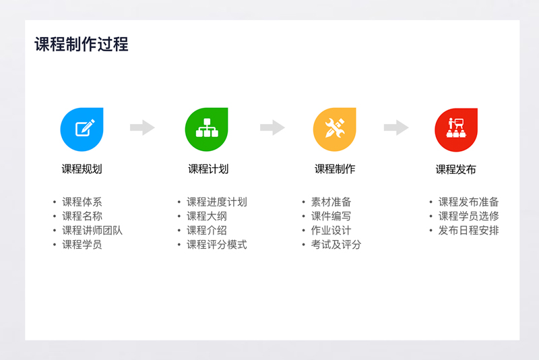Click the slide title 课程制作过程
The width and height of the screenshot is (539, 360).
(82, 44)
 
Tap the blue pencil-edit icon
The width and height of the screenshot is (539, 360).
(82, 129)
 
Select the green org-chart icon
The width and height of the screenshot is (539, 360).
(207, 129)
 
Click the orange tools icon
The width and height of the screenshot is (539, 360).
(334, 129)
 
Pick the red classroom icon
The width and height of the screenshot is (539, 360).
(456, 129)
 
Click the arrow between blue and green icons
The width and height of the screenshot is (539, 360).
(142, 127)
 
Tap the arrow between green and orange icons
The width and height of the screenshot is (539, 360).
(272, 127)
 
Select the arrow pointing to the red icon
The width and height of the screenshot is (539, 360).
(396, 127)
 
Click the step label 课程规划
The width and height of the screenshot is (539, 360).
(82, 169)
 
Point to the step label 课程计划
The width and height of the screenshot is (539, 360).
(208, 169)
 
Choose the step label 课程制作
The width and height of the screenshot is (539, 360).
(335, 169)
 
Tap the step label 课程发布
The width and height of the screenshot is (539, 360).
(456, 169)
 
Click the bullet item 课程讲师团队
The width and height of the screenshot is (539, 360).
(92, 231)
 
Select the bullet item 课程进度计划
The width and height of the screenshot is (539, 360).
(216, 202)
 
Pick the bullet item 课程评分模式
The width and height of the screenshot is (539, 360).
(216, 245)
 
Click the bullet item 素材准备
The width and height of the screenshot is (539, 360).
(331, 202)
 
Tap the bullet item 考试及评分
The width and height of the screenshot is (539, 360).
(336, 245)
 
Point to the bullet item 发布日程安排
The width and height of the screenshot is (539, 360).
(468, 231)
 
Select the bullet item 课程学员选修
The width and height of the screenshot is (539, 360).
(468, 216)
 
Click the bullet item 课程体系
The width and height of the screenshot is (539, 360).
(82, 202)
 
